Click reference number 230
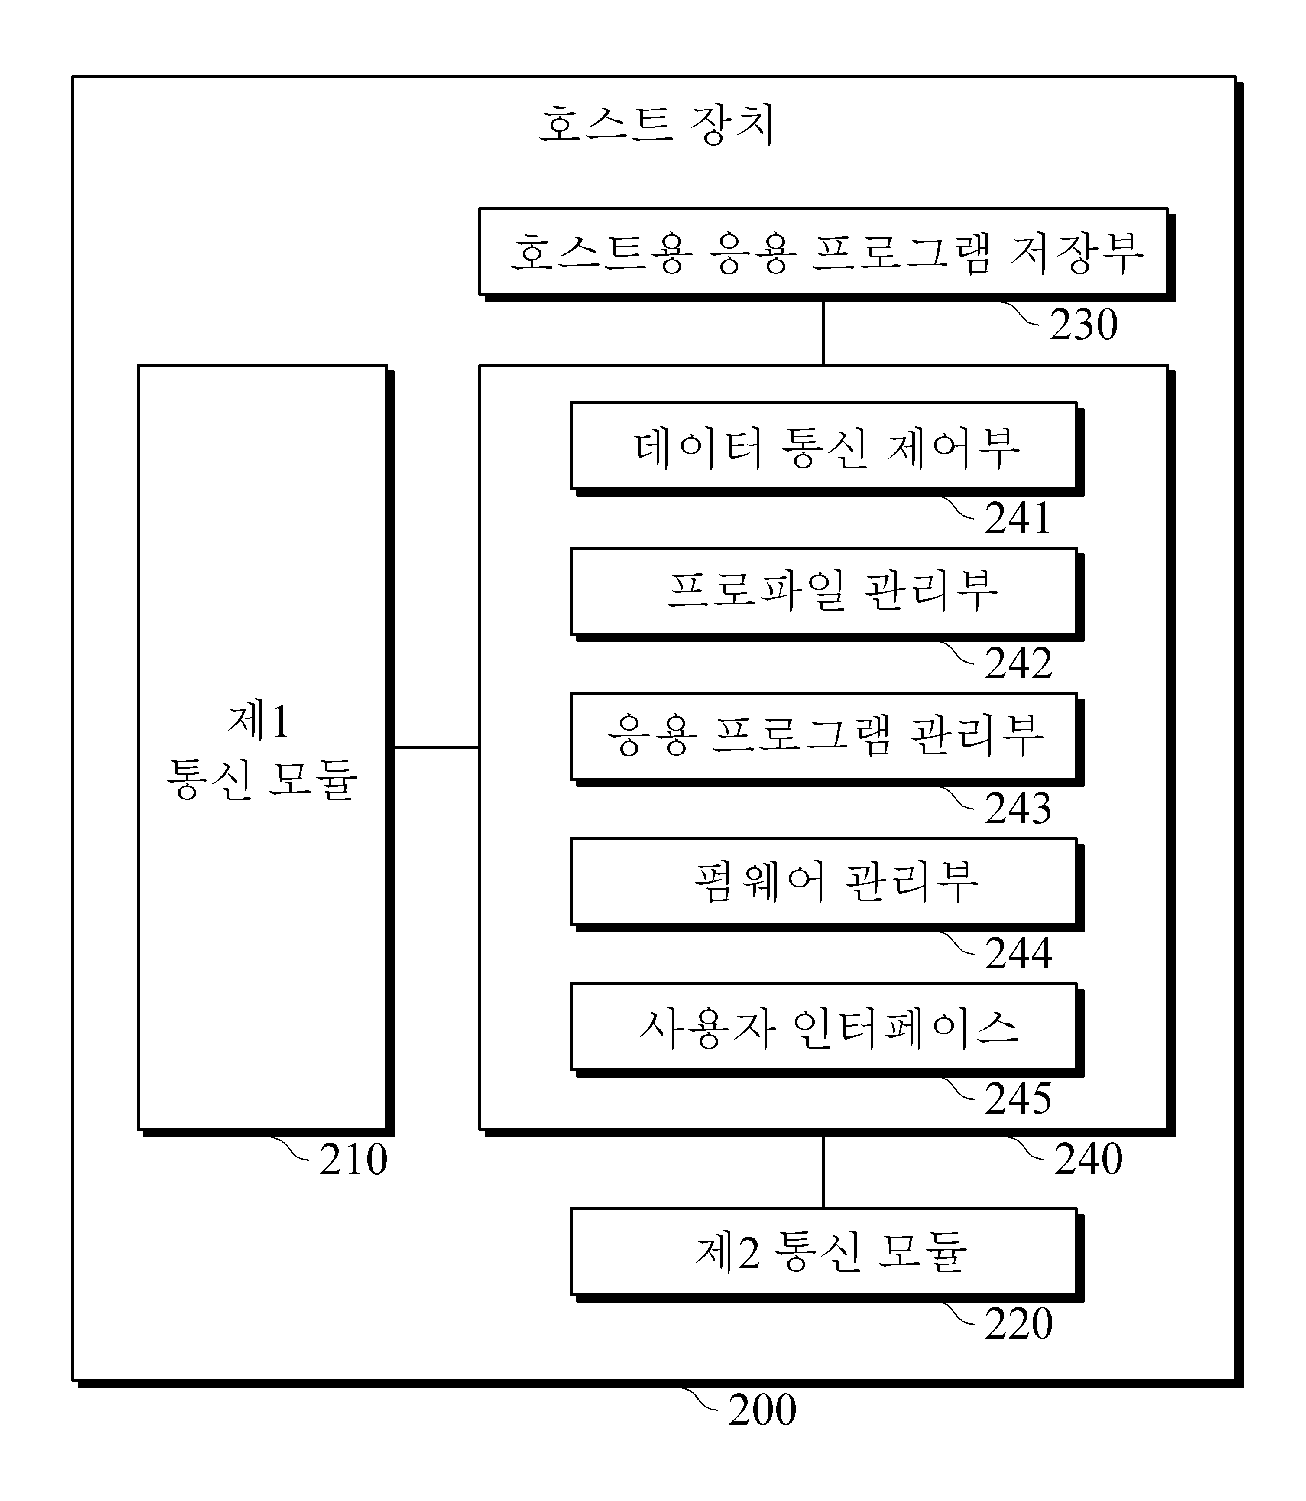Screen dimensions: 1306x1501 pyautogui.click(x=1084, y=325)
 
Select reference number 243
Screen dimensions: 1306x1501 pyautogui.click(x=1018, y=809)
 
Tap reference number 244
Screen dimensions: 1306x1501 pyautogui.click(x=1018, y=954)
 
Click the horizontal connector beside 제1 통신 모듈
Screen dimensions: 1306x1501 pyautogui.click(x=436, y=747)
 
